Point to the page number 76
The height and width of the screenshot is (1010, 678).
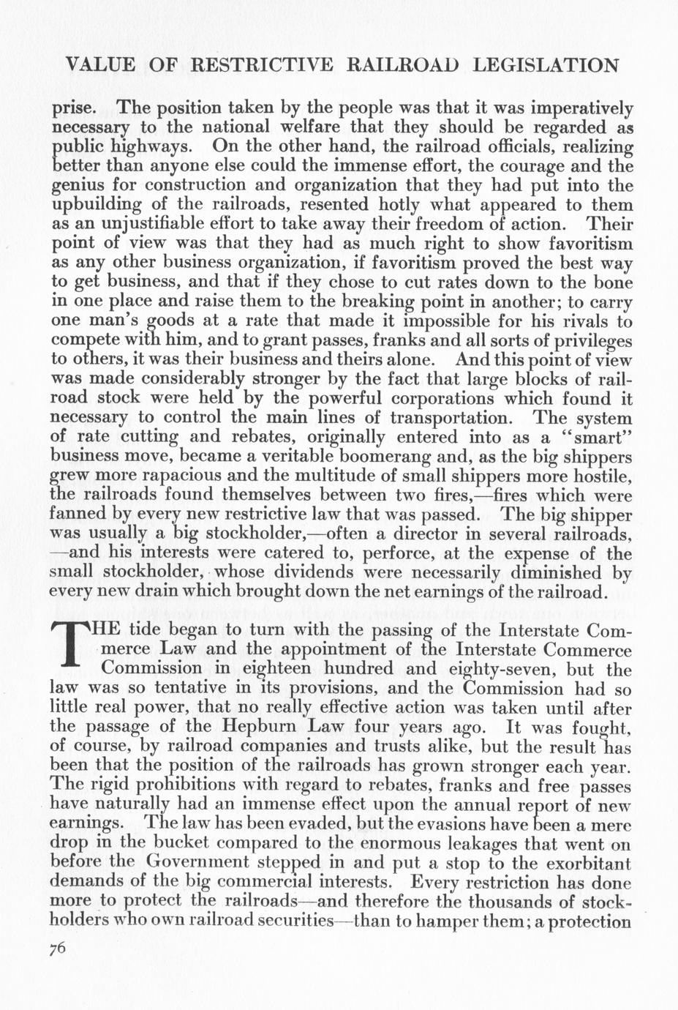pyautogui.click(x=58, y=949)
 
